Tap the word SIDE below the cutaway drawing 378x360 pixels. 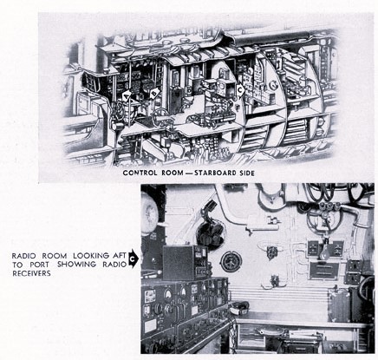point(247,173)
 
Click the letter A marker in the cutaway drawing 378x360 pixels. point(127,95)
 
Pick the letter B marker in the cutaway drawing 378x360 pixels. point(154,93)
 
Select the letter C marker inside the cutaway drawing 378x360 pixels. point(240,90)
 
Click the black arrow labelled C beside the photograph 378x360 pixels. point(133,259)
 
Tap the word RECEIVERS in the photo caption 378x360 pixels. point(31,273)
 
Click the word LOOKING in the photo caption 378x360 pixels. point(91,256)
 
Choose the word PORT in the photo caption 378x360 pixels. point(39,265)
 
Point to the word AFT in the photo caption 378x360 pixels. point(119,256)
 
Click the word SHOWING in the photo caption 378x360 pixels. point(76,265)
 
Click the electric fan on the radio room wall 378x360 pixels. point(210,232)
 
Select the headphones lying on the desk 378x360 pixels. point(238,308)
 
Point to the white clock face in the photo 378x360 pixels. point(150,212)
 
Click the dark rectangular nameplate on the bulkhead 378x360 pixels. point(325,271)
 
